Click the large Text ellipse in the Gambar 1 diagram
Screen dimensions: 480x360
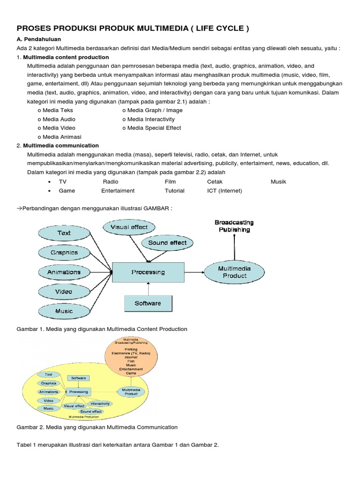tap(64, 233)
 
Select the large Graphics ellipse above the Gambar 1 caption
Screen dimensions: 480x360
tap(64, 253)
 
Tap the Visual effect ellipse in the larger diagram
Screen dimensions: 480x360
tap(129, 227)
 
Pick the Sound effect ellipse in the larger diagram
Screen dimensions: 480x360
tap(167, 243)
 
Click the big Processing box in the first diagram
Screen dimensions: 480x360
tap(148, 272)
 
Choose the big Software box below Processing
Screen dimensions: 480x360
tap(148, 303)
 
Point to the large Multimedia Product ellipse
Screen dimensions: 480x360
tap(234, 272)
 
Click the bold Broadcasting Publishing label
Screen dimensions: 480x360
tap(234, 226)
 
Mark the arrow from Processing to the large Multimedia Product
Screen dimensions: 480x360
tap(194, 272)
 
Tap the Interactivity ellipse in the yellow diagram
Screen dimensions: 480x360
tap(100, 404)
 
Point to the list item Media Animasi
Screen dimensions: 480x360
tap(61, 137)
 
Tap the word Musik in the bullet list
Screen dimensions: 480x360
tap(278, 181)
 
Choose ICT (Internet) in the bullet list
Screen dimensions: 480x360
tap(225, 191)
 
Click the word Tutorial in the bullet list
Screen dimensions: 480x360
tap(174, 191)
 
